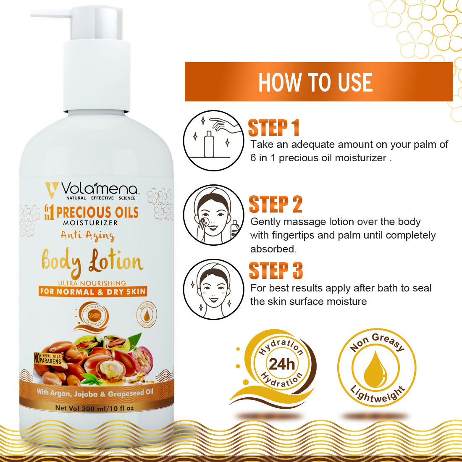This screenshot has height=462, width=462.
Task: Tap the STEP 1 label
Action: point(273,128)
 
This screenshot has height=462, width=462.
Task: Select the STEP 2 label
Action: point(276,205)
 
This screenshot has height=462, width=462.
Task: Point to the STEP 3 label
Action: point(276,271)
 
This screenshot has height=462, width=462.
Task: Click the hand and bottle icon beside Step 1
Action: point(213,140)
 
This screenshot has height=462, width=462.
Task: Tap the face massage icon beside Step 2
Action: point(213,215)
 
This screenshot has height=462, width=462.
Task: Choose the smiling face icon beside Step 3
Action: point(213,289)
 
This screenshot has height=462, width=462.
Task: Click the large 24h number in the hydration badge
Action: point(282,364)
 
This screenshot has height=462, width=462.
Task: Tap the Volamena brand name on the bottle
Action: point(99,189)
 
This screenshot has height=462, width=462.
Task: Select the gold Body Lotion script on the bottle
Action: point(92,261)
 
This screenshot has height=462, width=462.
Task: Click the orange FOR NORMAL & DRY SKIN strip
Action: point(93,291)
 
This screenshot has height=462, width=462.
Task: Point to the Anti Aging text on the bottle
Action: point(87,236)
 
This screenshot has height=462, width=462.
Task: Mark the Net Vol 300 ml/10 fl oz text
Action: point(94,408)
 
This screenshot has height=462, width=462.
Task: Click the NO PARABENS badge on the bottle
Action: point(47,359)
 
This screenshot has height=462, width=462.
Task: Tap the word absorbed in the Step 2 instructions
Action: point(273,249)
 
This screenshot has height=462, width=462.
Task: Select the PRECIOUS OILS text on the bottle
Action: point(97,213)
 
